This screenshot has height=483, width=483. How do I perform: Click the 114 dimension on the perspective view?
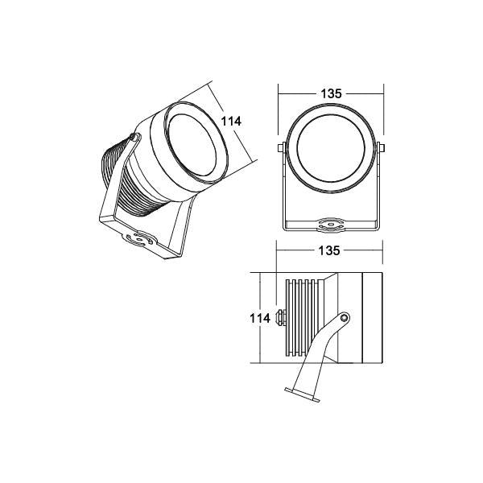(x=231, y=122)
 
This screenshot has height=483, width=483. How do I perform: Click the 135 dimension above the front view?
(x=331, y=93)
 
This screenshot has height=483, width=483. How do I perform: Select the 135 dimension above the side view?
(x=329, y=250)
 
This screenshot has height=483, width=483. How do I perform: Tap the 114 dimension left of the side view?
(x=260, y=318)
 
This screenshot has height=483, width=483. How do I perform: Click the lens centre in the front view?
(x=331, y=148)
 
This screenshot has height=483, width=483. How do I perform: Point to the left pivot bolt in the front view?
(x=281, y=148)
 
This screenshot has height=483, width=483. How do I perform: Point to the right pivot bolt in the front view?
(x=381, y=148)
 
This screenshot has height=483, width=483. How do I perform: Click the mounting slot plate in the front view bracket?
(x=331, y=225)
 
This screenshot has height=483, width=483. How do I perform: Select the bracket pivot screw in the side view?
(x=344, y=318)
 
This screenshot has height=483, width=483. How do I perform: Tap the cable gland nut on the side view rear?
(x=281, y=318)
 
